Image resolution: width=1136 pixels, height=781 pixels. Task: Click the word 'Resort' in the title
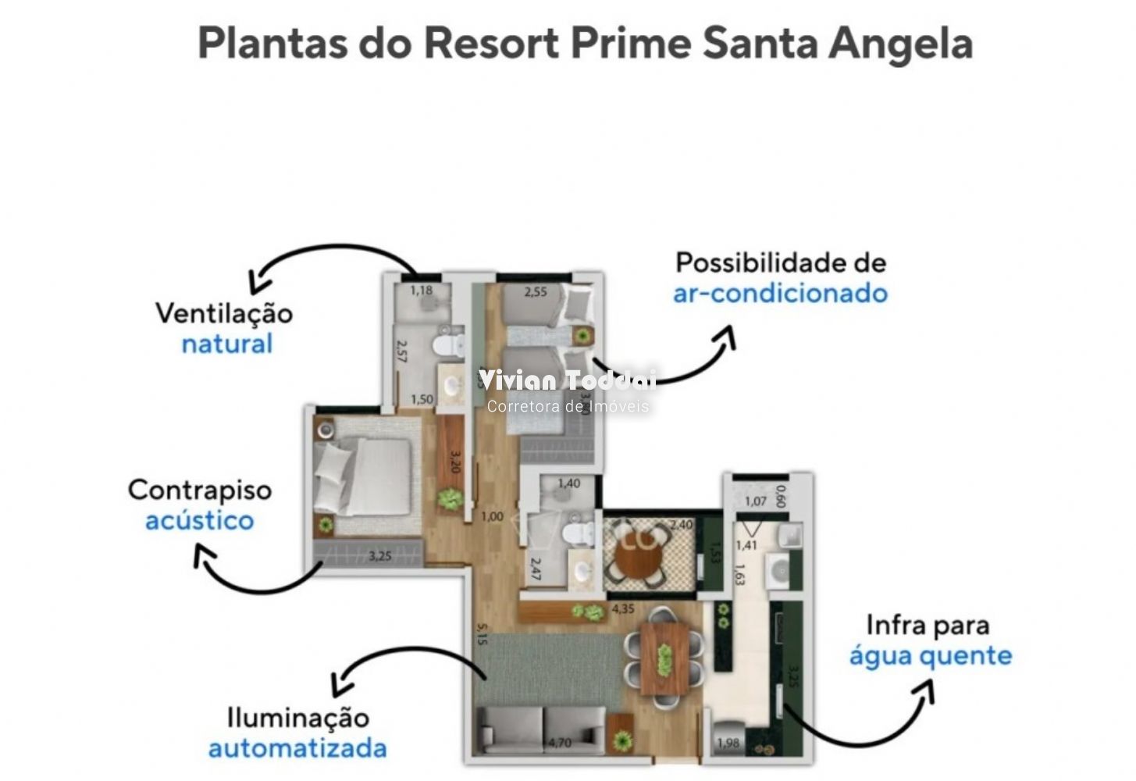click(x=491, y=43)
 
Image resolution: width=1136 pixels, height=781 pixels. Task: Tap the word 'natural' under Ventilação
click(x=226, y=344)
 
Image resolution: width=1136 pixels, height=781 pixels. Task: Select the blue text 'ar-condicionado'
click(x=780, y=294)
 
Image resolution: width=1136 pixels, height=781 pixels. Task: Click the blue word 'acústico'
click(x=199, y=521)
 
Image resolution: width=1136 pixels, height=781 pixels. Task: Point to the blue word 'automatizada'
click(x=297, y=748)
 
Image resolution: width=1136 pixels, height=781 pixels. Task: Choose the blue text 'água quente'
click(x=930, y=656)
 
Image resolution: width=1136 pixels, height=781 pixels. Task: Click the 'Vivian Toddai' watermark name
click(x=568, y=380)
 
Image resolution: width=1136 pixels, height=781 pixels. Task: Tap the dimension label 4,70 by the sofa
click(x=559, y=743)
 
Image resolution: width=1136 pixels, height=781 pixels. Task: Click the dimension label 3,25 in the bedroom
click(x=380, y=557)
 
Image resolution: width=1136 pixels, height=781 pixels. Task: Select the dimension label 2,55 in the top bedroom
click(x=536, y=292)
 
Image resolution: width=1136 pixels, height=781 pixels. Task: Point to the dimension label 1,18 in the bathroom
click(x=421, y=291)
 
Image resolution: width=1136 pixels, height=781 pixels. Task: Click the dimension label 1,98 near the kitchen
click(x=727, y=743)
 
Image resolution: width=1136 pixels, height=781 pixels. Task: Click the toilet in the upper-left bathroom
click(x=450, y=344)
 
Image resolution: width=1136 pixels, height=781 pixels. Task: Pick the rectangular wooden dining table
click(x=664, y=657)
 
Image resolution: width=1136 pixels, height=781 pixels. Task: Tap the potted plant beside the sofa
click(x=622, y=738)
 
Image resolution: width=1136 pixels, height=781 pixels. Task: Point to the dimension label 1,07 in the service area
click(x=755, y=501)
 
